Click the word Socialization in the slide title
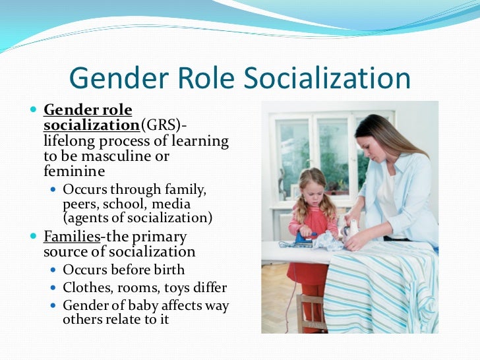(x=328, y=78)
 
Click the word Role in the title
(x=206, y=78)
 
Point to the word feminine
(x=74, y=171)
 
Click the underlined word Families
(x=69, y=237)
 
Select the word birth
(x=169, y=270)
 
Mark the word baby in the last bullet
(x=145, y=305)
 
